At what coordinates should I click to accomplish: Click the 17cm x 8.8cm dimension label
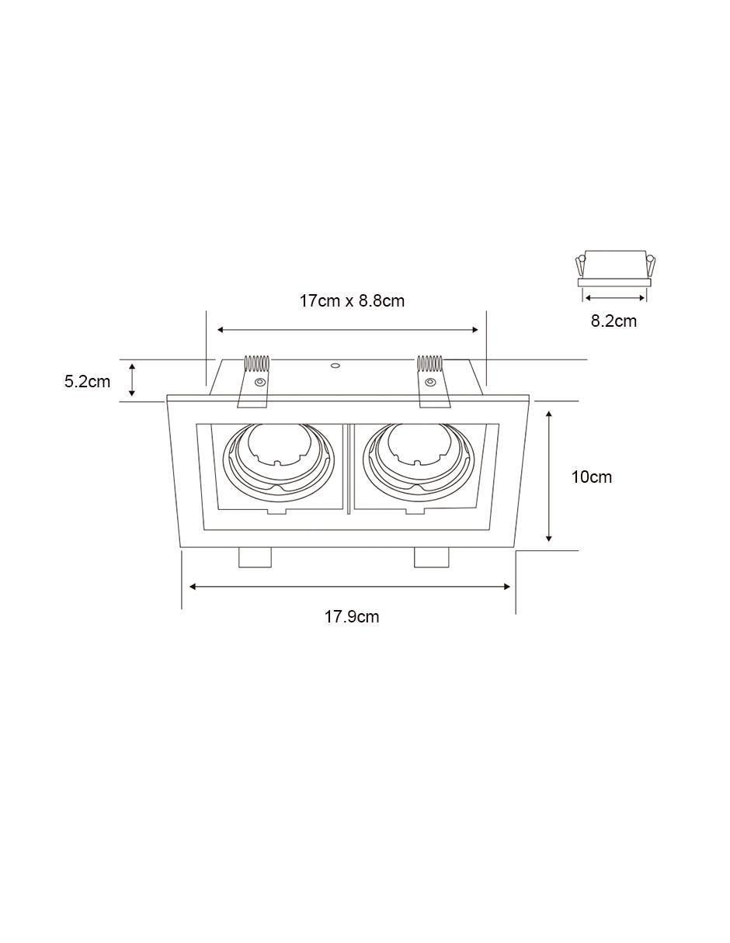coord(352,300)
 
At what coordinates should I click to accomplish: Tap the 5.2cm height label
coord(87,381)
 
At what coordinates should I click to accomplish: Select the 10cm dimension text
coord(591,477)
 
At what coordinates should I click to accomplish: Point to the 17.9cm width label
coord(352,617)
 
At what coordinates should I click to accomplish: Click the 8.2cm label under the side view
coord(614,321)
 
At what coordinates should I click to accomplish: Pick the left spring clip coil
coord(256,364)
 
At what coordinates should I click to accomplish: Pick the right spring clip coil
coord(429,364)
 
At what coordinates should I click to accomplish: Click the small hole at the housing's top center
coord(335,366)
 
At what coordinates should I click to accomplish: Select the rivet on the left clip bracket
coord(259,382)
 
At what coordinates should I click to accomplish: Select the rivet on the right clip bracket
coord(429,382)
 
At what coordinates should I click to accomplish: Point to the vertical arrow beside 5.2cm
coord(132,380)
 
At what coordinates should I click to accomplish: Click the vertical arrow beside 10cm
coord(548,476)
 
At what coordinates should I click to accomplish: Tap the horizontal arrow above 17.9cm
coord(349,587)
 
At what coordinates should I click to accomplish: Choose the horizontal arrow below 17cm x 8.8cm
coord(347,330)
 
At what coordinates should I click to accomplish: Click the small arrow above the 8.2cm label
coord(615,297)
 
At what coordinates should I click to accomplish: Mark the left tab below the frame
coord(255,557)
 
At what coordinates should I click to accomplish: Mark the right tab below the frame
coord(431,557)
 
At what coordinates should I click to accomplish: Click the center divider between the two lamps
coord(348,469)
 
